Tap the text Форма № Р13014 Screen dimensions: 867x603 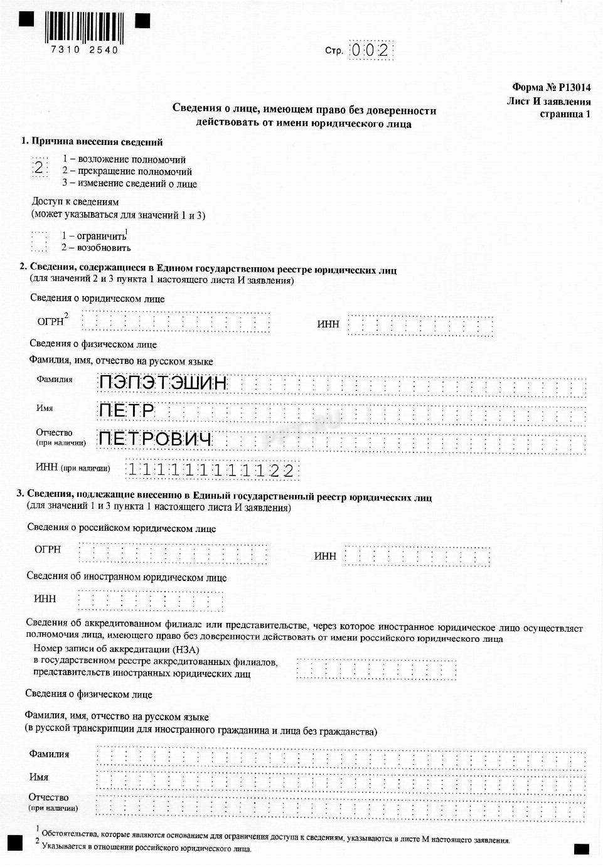click(x=551, y=88)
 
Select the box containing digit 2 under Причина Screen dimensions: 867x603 click(x=40, y=168)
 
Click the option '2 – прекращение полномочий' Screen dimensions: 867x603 click(x=127, y=171)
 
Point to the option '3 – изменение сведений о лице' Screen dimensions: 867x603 click(x=129, y=184)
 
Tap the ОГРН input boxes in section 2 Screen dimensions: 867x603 click(x=175, y=322)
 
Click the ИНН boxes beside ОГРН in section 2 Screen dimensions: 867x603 click(x=420, y=325)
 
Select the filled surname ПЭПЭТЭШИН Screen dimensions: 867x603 click(x=163, y=382)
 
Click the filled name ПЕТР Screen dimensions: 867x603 click(x=127, y=411)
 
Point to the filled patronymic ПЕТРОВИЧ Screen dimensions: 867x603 click(x=155, y=439)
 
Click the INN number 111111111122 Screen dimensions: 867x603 click(x=211, y=470)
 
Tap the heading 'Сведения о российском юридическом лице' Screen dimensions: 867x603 click(x=121, y=528)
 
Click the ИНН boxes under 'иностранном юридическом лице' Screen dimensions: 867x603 click(x=150, y=600)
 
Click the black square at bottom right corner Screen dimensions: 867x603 click(x=581, y=849)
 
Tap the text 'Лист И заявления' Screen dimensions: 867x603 click(x=548, y=101)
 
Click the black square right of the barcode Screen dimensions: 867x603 click(x=143, y=21)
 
